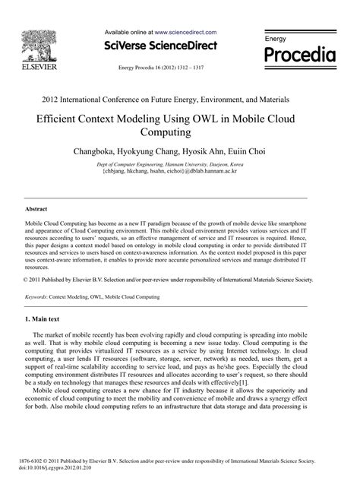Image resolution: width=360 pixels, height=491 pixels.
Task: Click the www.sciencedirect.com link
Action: [186, 33]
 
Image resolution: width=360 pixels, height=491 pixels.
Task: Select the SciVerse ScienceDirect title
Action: [163, 46]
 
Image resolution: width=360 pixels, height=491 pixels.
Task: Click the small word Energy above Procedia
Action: [275, 38]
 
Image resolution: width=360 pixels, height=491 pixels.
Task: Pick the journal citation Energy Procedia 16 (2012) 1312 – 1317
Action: [162, 67]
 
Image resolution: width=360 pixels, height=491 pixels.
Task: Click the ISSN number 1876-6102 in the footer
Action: [36, 461]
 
